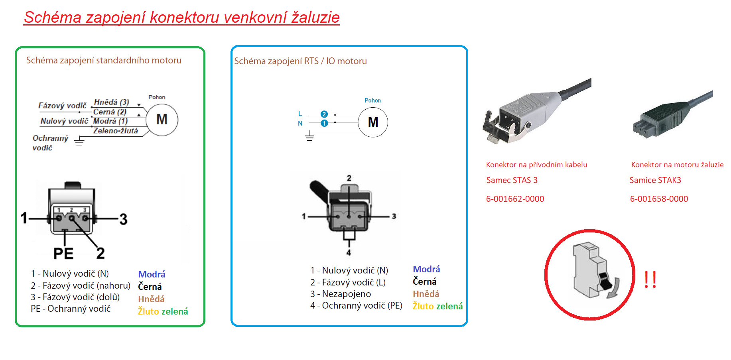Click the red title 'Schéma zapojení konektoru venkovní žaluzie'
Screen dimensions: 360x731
pos(181,18)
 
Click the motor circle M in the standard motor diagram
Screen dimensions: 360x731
pos(162,120)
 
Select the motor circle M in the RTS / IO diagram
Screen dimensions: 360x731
pos(373,122)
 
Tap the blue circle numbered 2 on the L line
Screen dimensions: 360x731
pos(324,114)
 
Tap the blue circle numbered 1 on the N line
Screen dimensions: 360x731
pos(324,123)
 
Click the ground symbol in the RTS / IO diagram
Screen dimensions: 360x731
pos(309,138)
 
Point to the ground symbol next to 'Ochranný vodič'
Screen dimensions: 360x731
pos(79,141)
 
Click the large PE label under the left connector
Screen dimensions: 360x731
pos(63,254)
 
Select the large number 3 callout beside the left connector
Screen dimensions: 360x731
pos(123,219)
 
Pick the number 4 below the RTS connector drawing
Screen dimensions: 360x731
pos(349,252)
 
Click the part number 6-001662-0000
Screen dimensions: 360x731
pos(515,199)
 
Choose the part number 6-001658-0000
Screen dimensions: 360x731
pos(659,199)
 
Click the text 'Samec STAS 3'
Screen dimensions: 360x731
pos(512,180)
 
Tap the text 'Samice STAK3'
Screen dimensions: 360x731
pos(655,180)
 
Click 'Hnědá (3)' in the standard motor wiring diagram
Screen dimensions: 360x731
pos(111,102)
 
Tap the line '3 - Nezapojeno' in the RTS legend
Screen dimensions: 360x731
pos(341,294)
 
